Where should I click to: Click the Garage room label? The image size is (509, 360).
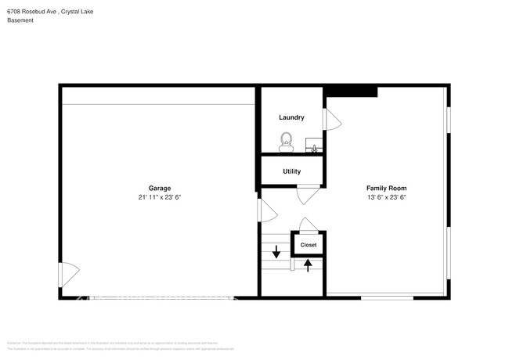[x=160, y=188]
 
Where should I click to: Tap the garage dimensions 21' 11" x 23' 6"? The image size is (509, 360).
[x=160, y=197]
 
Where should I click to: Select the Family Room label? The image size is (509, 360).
[x=386, y=188]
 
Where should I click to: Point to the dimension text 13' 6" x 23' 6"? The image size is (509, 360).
[x=386, y=197]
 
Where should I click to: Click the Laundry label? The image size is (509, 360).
[x=291, y=117]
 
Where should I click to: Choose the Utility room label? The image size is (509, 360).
[x=291, y=171]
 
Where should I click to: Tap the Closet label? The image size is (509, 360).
[x=309, y=245]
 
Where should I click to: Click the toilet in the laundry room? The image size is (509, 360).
[x=287, y=142]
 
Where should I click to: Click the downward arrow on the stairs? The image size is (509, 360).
[x=276, y=251]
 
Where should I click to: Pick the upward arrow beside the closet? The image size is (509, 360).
[x=308, y=265]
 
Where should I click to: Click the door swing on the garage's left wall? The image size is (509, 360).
[x=68, y=274]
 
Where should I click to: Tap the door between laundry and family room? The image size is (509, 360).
[x=332, y=119]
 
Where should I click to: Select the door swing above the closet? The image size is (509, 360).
[x=308, y=225]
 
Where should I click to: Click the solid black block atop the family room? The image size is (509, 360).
[x=352, y=92]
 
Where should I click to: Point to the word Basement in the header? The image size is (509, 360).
[x=20, y=20]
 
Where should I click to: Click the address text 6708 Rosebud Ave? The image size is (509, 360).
[x=33, y=10]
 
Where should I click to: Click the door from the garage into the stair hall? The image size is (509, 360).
[x=266, y=210]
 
